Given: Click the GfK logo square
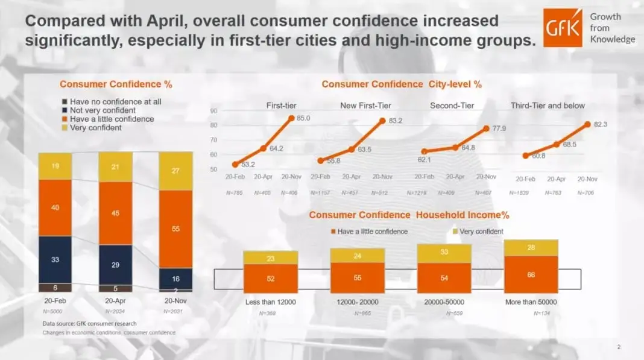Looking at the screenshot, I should pos(562,28).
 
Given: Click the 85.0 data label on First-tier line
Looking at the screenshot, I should pos(304,118).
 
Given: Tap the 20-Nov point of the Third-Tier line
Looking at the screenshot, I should pos(587,124).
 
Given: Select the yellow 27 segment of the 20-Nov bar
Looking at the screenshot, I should pos(175,171).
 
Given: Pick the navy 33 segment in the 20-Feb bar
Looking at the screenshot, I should pos(55,259).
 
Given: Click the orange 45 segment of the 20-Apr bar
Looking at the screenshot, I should pos(115,213).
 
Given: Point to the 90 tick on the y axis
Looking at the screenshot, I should pos(213,111).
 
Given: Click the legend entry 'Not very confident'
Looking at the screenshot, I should pos(102,110).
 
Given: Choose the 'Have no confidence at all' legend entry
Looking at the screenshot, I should pos(115,102).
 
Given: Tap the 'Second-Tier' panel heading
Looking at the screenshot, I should pos(452,106).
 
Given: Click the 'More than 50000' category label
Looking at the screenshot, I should pos(531,302).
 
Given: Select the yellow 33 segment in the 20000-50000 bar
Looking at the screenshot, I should pos(444,252).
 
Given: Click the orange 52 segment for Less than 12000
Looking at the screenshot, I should pos(270,279).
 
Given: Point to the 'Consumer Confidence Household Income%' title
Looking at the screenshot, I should pos(409,215).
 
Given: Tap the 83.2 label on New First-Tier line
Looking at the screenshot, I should pos(396,121).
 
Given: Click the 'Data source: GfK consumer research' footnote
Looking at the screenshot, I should pos(89,324).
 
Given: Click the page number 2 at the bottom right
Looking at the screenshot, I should pos(619,347).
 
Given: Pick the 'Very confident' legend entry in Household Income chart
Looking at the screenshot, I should pos(481,232).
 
